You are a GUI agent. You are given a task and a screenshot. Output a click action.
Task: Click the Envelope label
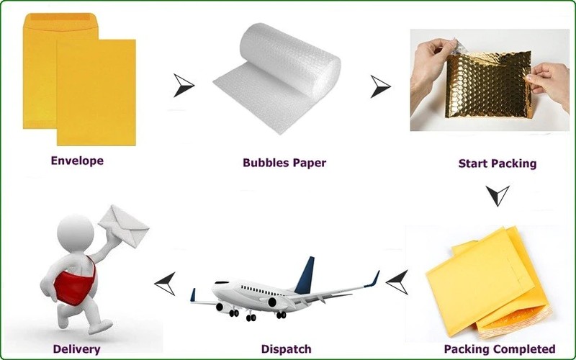coord(76,161)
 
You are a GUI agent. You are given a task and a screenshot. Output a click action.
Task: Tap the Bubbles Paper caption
coord(284,163)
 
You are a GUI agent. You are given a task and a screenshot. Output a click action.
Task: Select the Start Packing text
coord(497,163)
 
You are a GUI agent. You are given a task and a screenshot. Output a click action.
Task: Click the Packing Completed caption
coord(499,349)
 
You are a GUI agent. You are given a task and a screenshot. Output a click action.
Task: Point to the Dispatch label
coord(286,349)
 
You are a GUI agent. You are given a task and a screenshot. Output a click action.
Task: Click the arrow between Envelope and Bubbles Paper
coord(184,85)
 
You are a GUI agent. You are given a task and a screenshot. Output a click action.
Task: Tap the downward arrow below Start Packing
coord(497,195)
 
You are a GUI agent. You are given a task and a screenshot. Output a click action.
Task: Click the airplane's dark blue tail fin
coord(305,275)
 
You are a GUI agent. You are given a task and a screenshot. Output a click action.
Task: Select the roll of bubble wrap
coord(281,79)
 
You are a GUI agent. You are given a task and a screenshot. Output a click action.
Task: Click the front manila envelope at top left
coord(95,90)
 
